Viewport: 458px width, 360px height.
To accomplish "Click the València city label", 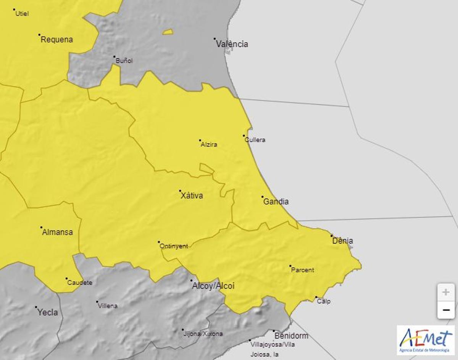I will coord(232,44).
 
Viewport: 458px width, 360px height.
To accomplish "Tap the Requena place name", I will coord(56,39).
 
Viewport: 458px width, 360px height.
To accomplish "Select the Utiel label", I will coord(22,14).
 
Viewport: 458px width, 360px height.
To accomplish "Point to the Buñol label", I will coord(124,61).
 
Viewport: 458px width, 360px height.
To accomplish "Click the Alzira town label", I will coord(209,145).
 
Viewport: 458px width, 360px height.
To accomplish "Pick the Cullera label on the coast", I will coord(255,140).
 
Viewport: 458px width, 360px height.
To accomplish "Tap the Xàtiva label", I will coord(191,196).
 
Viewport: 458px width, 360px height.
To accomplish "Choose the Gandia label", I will coord(276,202).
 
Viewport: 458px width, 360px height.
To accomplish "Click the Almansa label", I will coord(57,232).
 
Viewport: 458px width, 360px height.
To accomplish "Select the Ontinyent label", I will coord(174,246).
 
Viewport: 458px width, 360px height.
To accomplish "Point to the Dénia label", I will coord(342,241).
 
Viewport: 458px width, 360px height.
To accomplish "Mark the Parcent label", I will coord(302,270).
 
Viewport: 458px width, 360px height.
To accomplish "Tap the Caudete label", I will coord(79,283).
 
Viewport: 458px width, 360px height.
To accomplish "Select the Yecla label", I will coord(47,312).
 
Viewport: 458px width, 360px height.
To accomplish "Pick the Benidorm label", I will coord(291,336).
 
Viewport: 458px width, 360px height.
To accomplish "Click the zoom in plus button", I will coord(445,292).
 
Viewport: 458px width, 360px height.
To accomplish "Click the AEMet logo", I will coord(426,340).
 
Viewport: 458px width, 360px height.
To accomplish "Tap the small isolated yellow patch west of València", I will coord(168,32).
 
